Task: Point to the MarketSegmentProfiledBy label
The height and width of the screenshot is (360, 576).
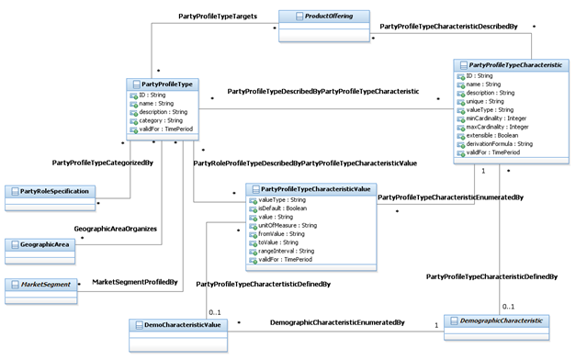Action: pyautogui.click(x=134, y=281)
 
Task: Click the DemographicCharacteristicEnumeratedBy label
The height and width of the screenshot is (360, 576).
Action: pyautogui.click(x=337, y=322)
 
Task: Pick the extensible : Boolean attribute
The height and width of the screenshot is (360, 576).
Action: pyautogui.click(x=497, y=134)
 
